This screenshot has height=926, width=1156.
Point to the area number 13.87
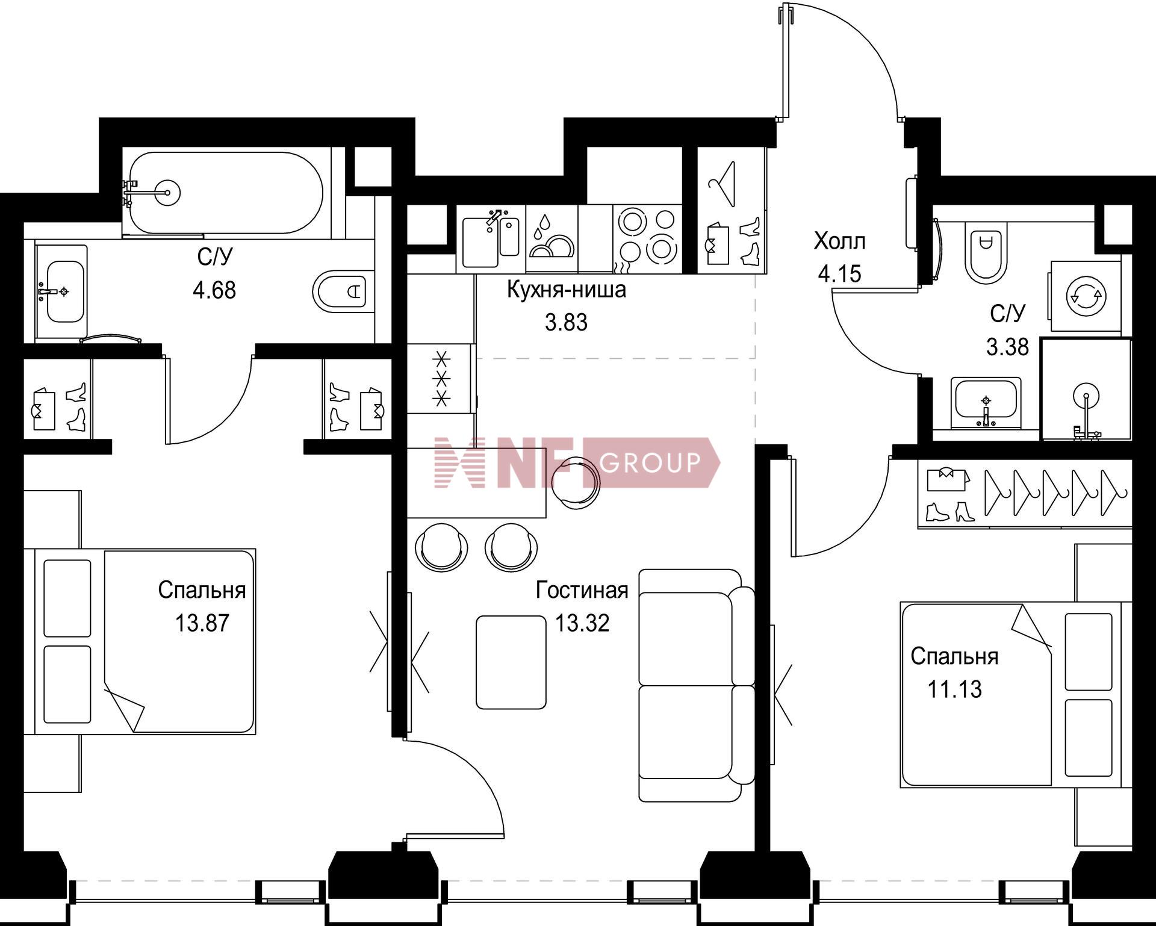click(202, 623)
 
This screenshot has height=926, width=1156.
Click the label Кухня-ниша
click(567, 290)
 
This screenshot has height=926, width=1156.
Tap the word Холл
click(839, 241)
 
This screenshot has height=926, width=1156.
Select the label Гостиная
click(582, 590)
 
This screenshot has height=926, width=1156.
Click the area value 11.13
click(954, 689)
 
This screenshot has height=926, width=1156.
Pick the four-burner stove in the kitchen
click(648, 239)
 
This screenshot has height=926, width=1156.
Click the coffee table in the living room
click(511, 662)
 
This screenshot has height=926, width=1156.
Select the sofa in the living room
click(696, 685)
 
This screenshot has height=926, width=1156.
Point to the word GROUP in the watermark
click(651, 462)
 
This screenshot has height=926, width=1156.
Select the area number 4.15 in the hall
click(839, 274)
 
